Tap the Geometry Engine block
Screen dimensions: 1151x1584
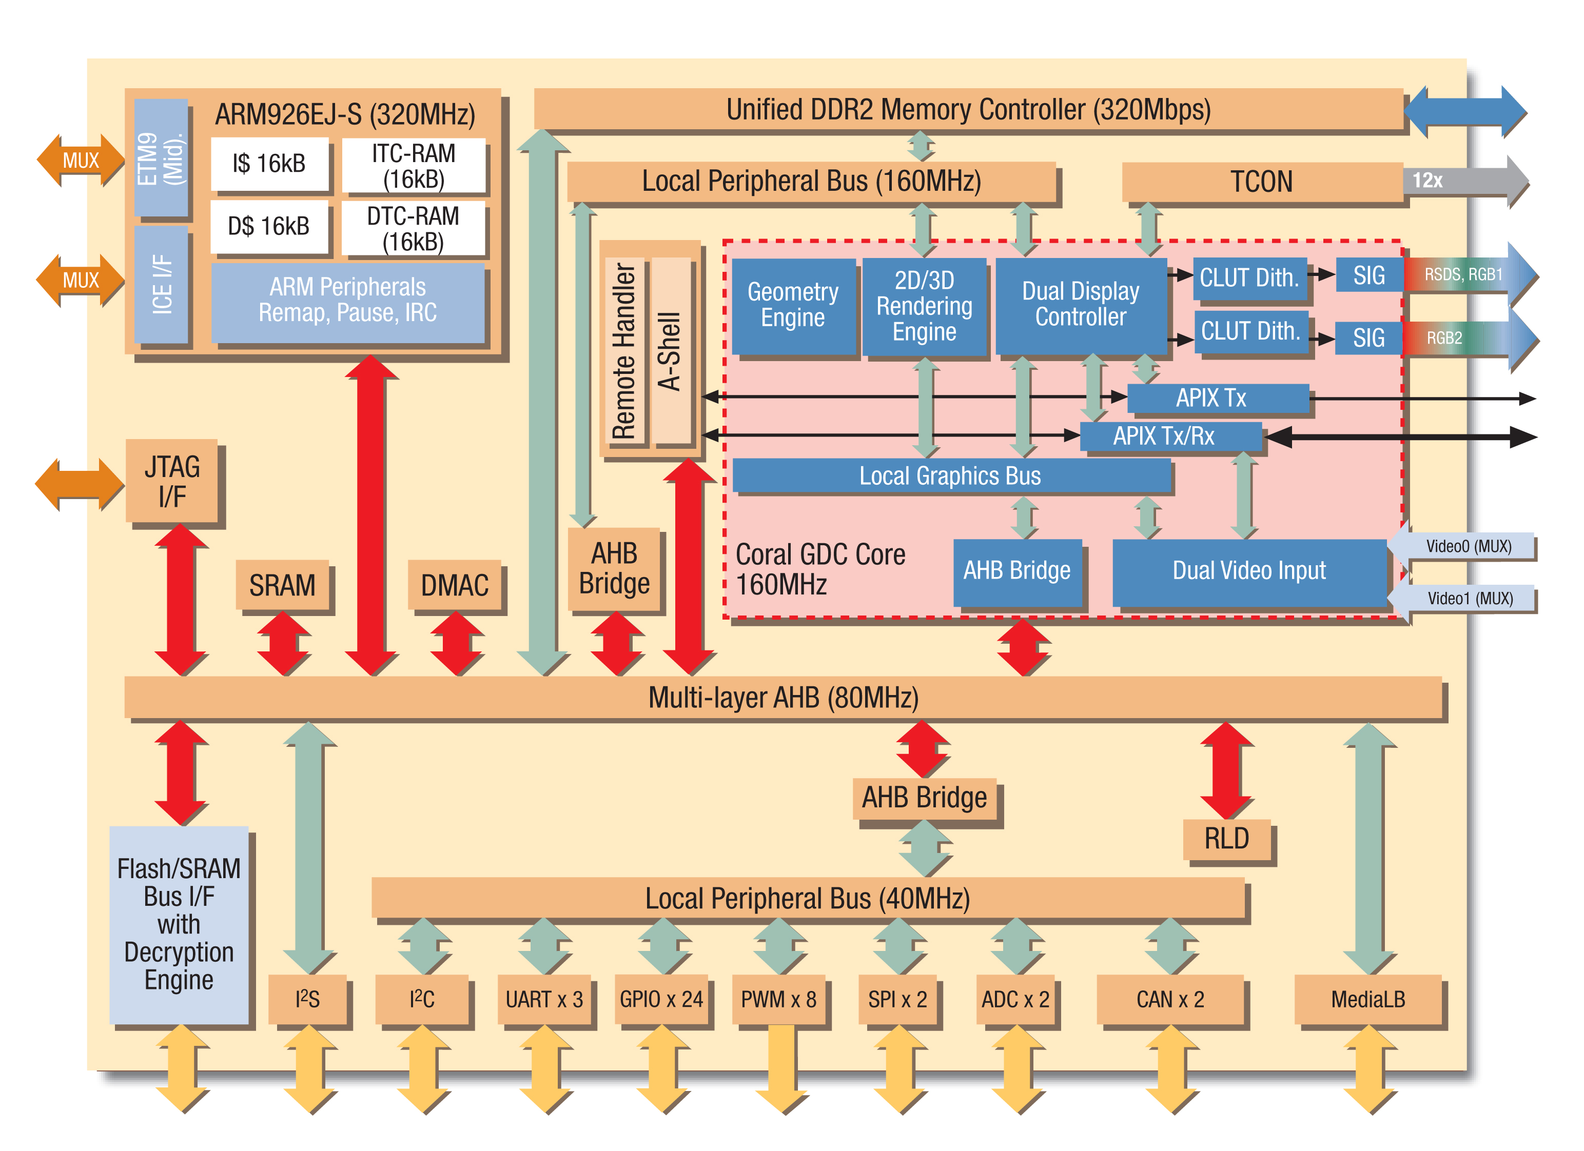793,305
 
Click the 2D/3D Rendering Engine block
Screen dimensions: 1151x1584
924,306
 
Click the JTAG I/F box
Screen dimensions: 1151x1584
172,481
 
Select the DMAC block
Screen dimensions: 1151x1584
455,585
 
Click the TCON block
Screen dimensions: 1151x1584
1261,182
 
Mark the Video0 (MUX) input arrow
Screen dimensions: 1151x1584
1463,546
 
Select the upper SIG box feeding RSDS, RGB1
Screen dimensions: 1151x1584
1368,276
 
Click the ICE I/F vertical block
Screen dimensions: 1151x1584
161,284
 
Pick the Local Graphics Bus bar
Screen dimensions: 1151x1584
950,476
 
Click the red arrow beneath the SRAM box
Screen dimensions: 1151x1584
282,644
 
